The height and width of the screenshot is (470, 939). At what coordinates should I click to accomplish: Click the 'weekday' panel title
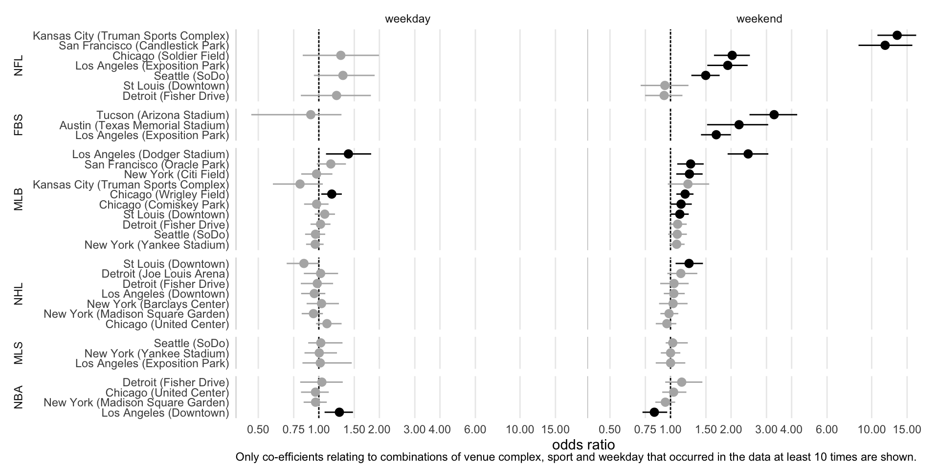(x=407, y=19)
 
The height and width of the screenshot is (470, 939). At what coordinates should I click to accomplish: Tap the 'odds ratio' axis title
(x=583, y=445)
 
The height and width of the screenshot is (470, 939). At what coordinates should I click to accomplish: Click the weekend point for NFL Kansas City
(x=897, y=35)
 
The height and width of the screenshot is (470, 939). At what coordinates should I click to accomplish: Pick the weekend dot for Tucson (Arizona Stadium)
(x=774, y=115)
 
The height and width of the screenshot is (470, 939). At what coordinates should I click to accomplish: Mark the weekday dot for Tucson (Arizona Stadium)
(x=311, y=115)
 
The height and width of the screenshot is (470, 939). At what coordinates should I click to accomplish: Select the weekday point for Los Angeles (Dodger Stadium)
(x=348, y=154)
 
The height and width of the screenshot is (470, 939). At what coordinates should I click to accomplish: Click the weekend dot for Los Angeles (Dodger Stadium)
(x=748, y=154)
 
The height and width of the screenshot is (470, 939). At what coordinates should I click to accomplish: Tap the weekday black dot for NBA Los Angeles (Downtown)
(x=339, y=412)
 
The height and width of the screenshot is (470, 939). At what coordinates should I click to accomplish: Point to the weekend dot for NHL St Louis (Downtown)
(x=689, y=263)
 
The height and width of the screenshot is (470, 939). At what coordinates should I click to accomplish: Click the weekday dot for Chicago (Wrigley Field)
(x=332, y=194)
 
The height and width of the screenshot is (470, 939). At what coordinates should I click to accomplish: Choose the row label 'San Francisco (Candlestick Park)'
(x=144, y=46)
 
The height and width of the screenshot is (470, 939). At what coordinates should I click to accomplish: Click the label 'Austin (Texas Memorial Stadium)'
(x=144, y=125)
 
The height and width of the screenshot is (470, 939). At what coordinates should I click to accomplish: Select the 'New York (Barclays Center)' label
(x=157, y=304)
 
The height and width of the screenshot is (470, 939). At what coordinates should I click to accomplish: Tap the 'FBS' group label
(x=19, y=125)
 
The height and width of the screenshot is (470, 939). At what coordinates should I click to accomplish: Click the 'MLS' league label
(x=19, y=353)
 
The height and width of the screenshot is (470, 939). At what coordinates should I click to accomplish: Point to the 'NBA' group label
(x=19, y=398)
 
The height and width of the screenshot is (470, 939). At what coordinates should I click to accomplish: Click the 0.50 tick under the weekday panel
(x=258, y=430)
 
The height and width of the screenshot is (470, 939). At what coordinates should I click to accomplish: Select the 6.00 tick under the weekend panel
(x=827, y=430)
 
